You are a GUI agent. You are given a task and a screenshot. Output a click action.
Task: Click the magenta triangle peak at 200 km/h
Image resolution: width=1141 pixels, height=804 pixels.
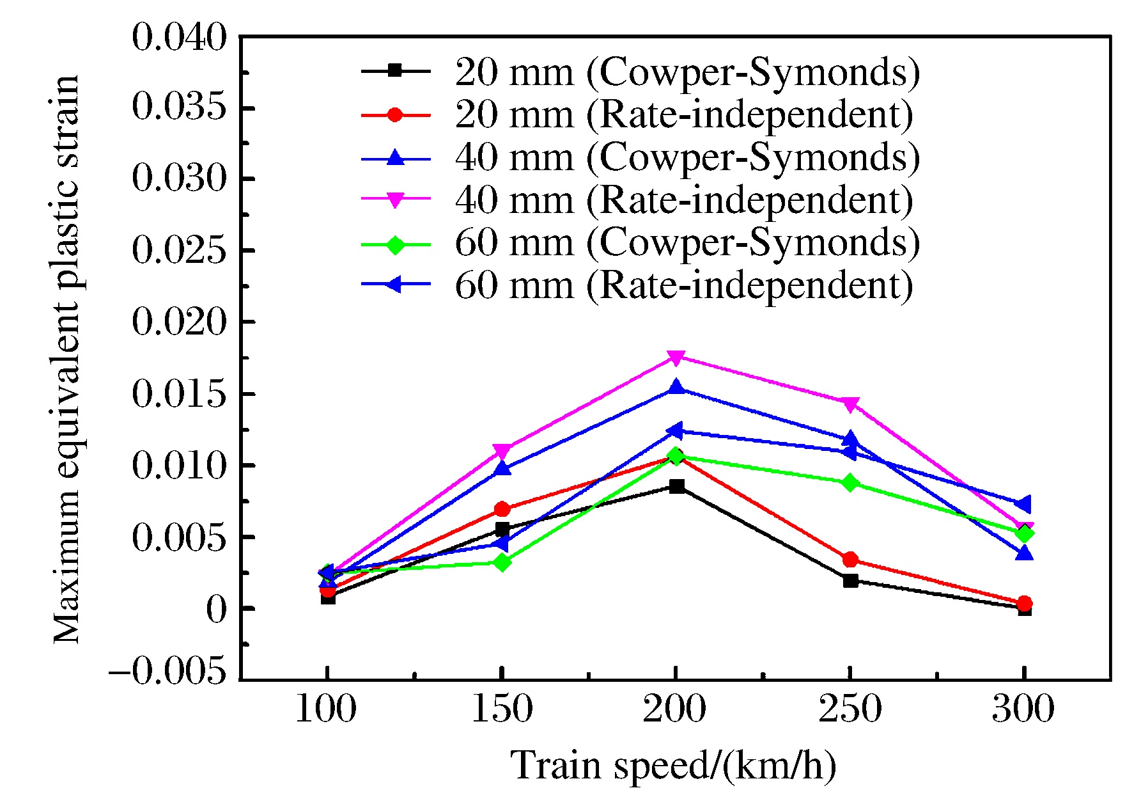pyautogui.click(x=676, y=358)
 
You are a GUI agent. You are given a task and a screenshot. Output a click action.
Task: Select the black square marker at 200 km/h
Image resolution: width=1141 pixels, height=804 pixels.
pyautogui.click(x=676, y=487)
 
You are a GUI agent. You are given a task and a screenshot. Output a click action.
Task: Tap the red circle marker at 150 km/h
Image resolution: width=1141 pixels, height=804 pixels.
pyautogui.click(x=502, y=509)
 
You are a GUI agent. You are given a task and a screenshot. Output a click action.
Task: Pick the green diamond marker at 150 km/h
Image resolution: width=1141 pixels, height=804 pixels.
pyautogui.click(x=502, y=562)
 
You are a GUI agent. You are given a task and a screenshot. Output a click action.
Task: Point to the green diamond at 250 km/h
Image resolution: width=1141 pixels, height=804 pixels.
pyautogui.click(x=850, y=483)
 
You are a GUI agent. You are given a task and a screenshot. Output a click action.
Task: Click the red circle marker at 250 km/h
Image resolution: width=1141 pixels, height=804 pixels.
pyautogui.click(x=850, y=560)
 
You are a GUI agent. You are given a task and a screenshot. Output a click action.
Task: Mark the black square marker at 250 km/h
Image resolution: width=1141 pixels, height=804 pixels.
pyautogui.click(x=850, y=581)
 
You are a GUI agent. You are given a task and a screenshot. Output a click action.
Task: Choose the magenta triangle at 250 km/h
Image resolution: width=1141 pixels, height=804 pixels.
pyautogui.click(x=850, y=404)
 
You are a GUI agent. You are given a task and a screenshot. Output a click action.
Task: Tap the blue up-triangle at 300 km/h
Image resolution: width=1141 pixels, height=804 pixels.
pyautogui.click(x=1024, y=553)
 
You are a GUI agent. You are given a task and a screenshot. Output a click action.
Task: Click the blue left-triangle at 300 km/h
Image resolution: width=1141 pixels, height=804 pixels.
pyautogui.click(x=1023, y=504)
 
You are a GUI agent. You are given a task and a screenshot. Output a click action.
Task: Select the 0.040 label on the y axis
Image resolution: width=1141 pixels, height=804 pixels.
pyautogui.click(x=179, y=38)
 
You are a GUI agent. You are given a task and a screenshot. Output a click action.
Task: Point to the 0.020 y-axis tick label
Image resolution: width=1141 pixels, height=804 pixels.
pyautogui.click(x=179, y=322)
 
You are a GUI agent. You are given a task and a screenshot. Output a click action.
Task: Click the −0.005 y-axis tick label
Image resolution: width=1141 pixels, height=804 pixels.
pyautogui.click(x=167, y=672)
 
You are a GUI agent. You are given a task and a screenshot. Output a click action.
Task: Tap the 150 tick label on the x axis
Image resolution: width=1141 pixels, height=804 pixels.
pyautogui.click(x=502, y=709)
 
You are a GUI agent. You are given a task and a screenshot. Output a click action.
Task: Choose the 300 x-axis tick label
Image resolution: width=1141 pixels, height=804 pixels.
pyautogui.click(x=1023, y=709)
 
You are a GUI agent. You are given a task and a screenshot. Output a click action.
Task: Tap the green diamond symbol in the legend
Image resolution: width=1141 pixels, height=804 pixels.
pyautogui.click(x=395, y=244)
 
